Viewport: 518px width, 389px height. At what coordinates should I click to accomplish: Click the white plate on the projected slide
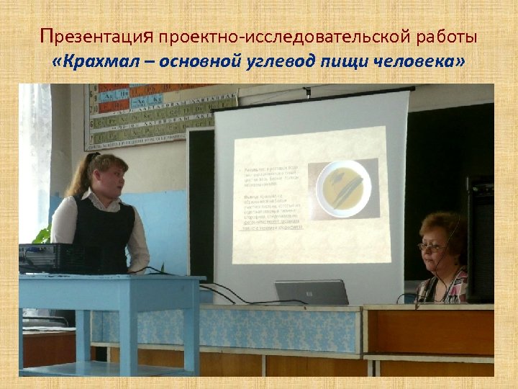coord(344,189)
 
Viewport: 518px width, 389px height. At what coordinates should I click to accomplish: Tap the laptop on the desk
coord(312,292)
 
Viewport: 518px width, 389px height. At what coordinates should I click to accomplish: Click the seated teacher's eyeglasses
coord(430,247)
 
